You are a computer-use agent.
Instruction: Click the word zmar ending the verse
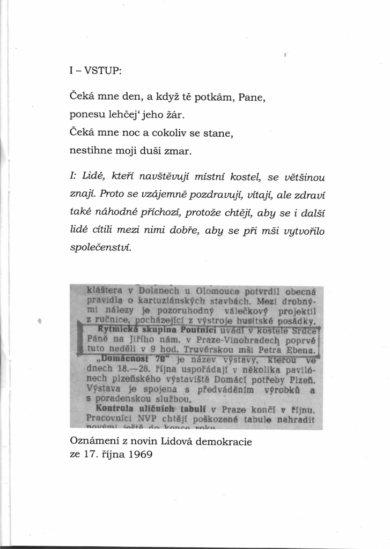(x=177, y=151)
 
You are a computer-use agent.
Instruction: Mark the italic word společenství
(x=101, y=248)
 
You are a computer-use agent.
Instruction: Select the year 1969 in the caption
(x=140, y=455)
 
